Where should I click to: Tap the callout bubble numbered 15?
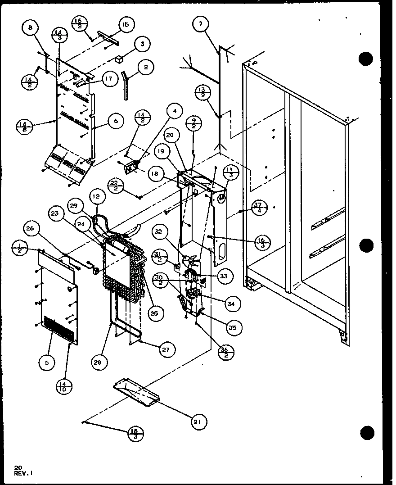click(125, 25)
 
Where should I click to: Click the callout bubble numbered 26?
click(30, 229)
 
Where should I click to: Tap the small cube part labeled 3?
click(120, 59)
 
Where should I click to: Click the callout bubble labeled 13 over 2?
click(202, 93)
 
